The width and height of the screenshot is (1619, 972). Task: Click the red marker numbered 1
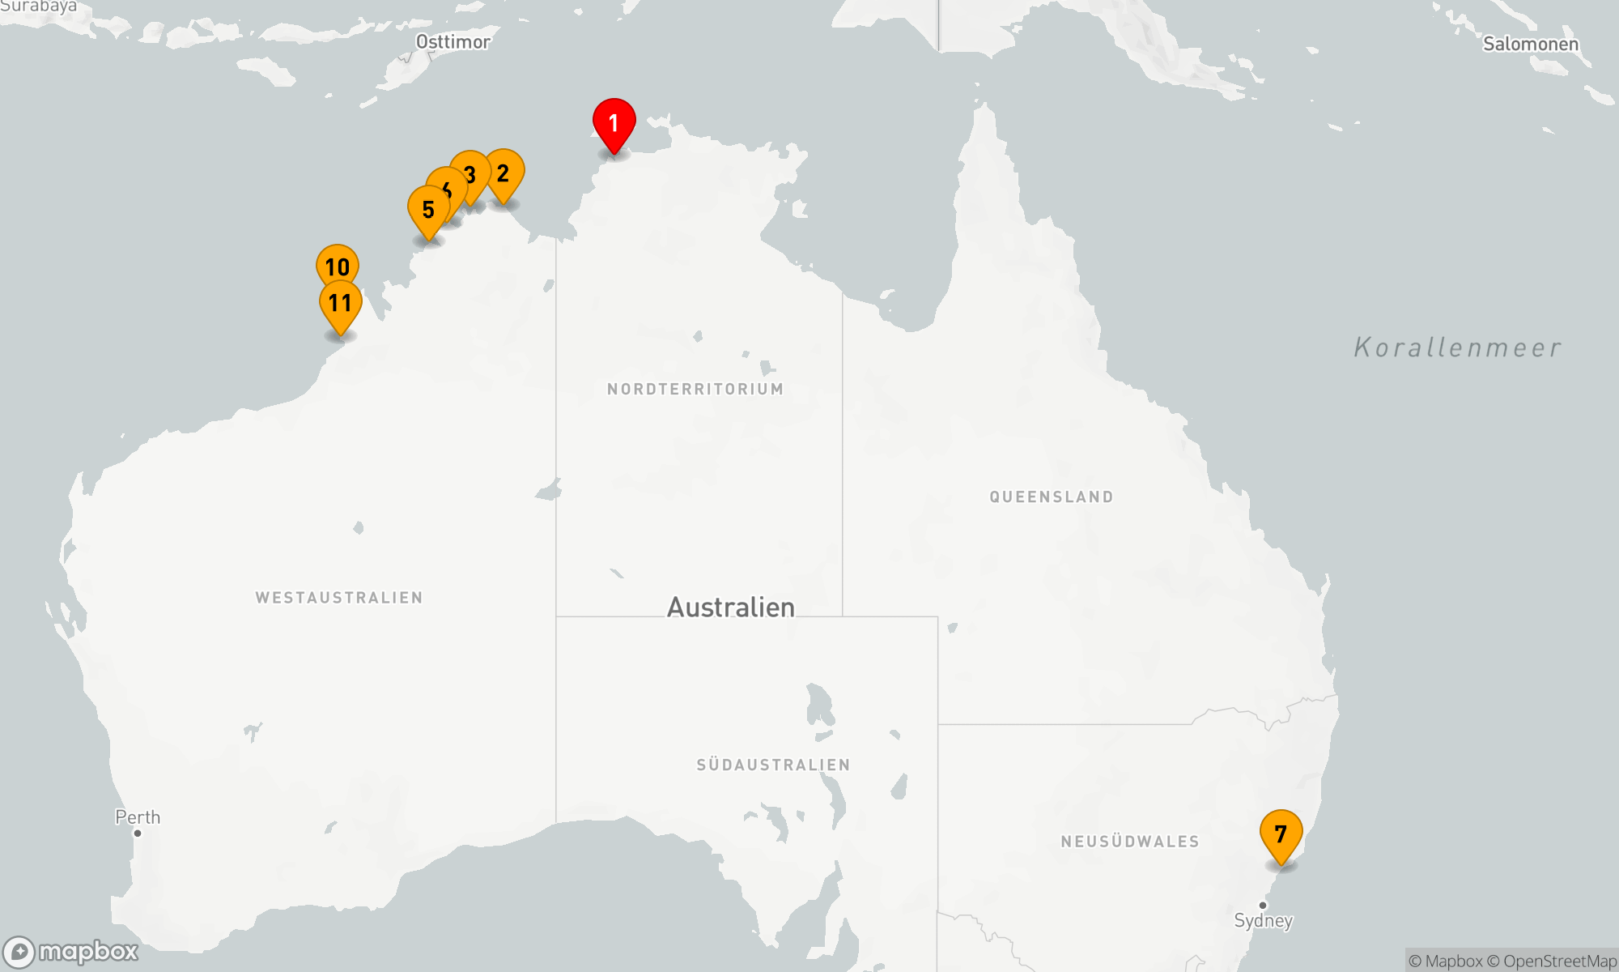point(614,123)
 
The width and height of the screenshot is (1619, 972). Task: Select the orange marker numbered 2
point(504,173)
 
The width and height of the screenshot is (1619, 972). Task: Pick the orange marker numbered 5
point(428,210)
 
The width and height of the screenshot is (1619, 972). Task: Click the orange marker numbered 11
point(340,304)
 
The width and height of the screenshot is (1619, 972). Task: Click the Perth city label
point(138,817)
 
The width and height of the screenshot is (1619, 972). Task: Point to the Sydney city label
point(1263,920)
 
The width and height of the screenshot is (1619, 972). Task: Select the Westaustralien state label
point(339,598)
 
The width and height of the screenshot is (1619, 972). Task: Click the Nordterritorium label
point(695,389)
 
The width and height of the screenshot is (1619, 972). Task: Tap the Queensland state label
point(1052,497)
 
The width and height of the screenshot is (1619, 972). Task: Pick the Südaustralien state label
point(773,765)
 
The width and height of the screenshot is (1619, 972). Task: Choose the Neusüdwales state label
point(1130,842)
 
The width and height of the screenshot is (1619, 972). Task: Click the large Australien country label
point(730,607)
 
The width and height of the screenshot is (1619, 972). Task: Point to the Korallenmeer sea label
point(1457,347)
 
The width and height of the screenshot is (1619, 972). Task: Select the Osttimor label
point(453,41)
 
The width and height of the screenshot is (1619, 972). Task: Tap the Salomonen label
point(1530,44)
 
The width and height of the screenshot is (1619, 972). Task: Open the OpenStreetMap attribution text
point(1559,961)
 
